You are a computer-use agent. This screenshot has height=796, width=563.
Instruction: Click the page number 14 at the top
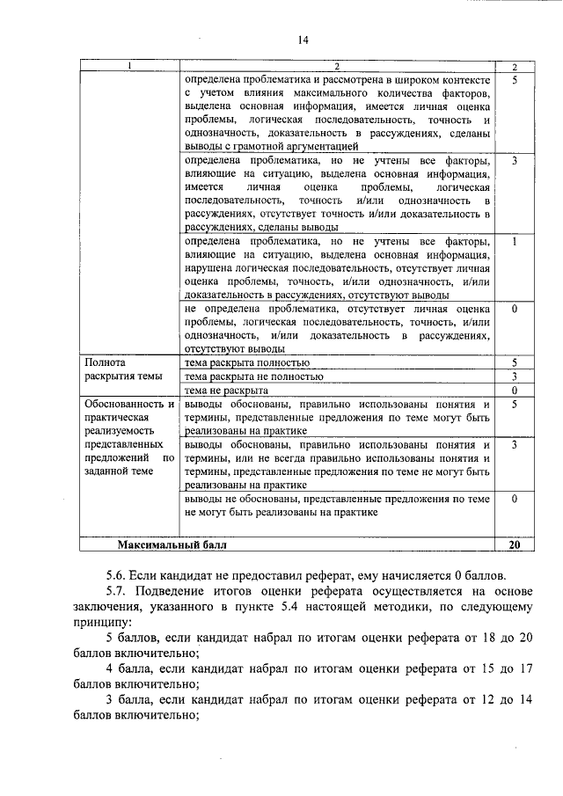pos(303,40)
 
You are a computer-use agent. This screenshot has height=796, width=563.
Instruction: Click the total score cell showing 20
pos(515,545)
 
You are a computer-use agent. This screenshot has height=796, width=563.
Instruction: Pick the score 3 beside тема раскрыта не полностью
pos(515,376)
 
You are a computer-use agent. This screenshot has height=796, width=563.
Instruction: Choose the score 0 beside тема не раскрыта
pos(515,390)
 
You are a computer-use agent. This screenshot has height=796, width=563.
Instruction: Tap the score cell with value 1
pos(515,241)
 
